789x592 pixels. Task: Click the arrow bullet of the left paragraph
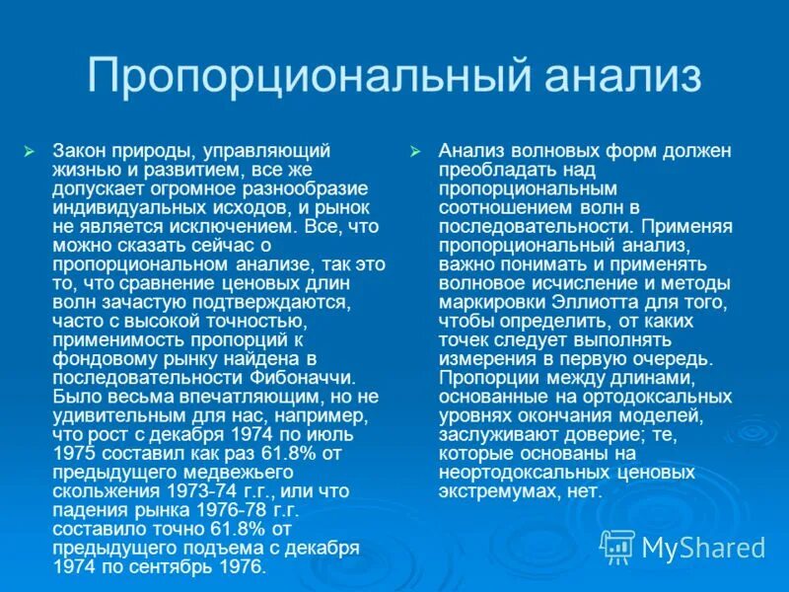29,151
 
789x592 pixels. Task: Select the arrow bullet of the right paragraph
416,151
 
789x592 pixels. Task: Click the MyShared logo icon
618,545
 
